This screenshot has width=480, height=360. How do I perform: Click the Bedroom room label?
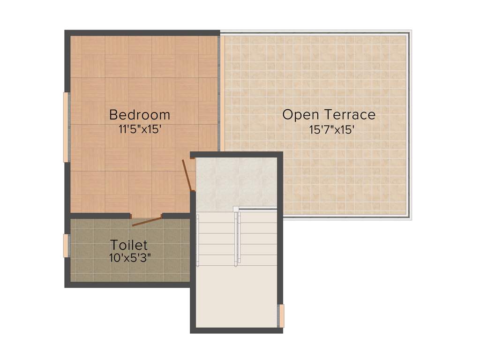click(139, 115)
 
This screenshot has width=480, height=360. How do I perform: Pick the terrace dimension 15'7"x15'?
click(331, 129)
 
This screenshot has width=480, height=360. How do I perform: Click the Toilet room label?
click(129, 245)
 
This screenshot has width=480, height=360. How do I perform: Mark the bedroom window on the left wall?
click(66, 127)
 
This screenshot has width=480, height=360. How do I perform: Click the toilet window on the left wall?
click(66, 246)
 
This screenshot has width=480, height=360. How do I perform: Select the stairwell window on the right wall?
click(281, 316)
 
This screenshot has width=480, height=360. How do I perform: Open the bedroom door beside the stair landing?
click(187, 174)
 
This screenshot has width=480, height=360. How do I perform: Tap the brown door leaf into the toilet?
click(147, 222)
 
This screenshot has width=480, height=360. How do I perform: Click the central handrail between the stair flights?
click(238, 239)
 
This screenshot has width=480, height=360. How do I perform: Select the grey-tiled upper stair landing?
click(236, 183)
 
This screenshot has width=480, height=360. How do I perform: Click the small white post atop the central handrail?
click(236, 209)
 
